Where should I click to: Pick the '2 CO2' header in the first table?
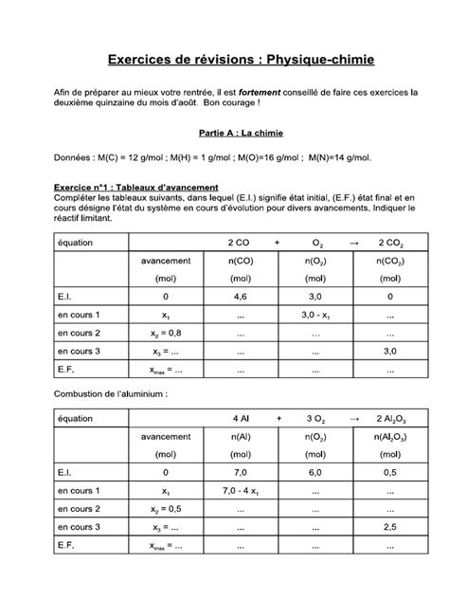[x=388, y=243]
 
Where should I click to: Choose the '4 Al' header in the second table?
[x=240, y=418]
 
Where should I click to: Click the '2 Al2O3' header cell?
[x=388, y=418]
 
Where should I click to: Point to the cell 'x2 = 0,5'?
[x=166, y=508]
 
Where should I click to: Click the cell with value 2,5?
[x=388, y=526]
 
